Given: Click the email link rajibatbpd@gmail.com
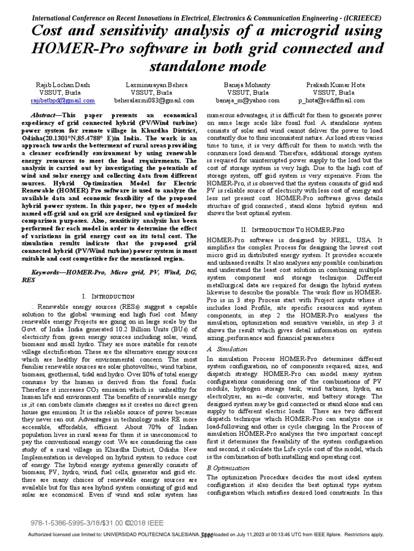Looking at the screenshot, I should pyautogui.click(x=63, y=100).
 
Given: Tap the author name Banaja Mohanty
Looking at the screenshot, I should pyautogui.click(x=247, y=85).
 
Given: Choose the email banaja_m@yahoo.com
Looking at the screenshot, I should pyautogui.click(x=247, y=100).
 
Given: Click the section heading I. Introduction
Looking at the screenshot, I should pyautogui.click(x=108, y=296).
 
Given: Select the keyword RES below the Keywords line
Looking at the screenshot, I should pyautogui.click(x=29, y=280).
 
